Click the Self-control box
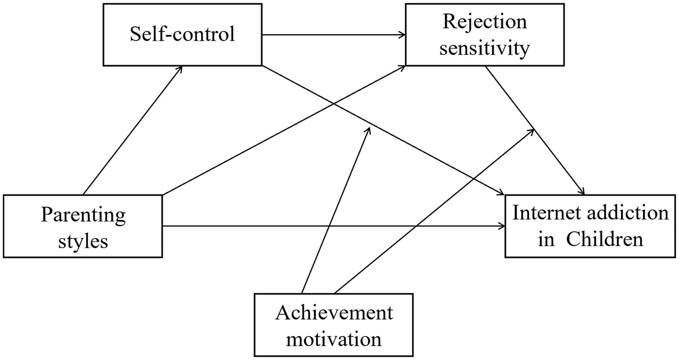182,35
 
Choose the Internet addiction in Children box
590,226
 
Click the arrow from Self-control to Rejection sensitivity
333,35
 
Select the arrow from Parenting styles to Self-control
132,130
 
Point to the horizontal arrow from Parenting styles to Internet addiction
333,226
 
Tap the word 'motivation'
334,339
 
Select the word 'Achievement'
334,313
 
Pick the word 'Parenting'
83,215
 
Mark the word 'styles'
83,241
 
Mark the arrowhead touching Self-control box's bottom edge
180,68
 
